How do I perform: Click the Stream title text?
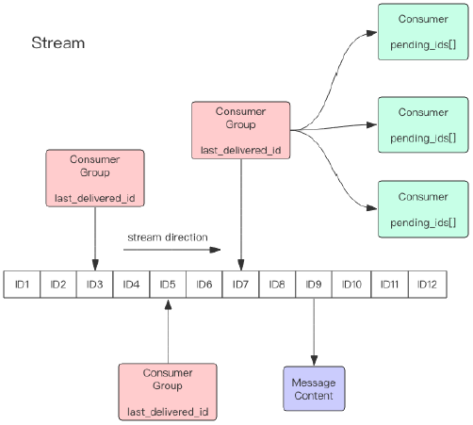click(x=58, y=42)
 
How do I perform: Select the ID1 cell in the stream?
click(x=22, y=285)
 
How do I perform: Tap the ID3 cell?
click(x=94, y=285)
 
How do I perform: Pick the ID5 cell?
click(x=168, y=285)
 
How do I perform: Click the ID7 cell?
click(x=240, y=285)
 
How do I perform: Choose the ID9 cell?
click(x=314, y=285)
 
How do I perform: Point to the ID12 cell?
click(x=427, y=285)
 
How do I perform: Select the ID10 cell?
click(x=351, y=285)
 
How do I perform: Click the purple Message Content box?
click(x=314, y=388)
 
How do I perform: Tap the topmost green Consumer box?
click(x=423, y=32)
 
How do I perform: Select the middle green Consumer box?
click(x=423, y=124)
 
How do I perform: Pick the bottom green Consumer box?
click(x=423, y=209)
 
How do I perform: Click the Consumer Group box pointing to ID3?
click(x=95, y=178)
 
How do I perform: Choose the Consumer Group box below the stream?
click(x=168, y=392)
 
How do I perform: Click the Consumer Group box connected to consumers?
click(x=241, y=130)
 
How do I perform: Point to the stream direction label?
click(x=168, y=237)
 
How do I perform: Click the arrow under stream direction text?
click(x=172, y=250)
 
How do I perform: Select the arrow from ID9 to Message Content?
click(x=314, y=332)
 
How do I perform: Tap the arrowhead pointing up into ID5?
click(x=168, y=304)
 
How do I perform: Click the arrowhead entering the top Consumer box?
click(x=372, y=33)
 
